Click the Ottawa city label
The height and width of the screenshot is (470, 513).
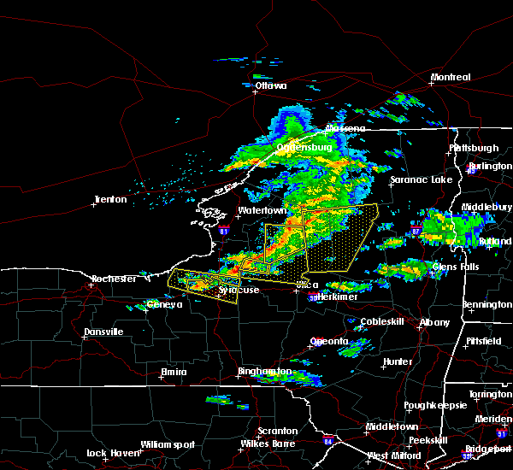click(x=270, y=85)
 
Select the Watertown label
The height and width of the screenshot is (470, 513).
click(x=262, y=210)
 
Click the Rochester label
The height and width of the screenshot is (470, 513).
click(x=114, y=279)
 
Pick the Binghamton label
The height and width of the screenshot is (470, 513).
click(x=265, y=372)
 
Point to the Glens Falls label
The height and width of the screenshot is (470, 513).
click(x=457, y=267)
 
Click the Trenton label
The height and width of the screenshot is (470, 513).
click(x=110, y=199)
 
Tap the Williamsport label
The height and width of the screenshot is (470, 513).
click(x=168, y=444)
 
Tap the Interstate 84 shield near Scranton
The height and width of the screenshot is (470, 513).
click(x=328, y=442)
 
